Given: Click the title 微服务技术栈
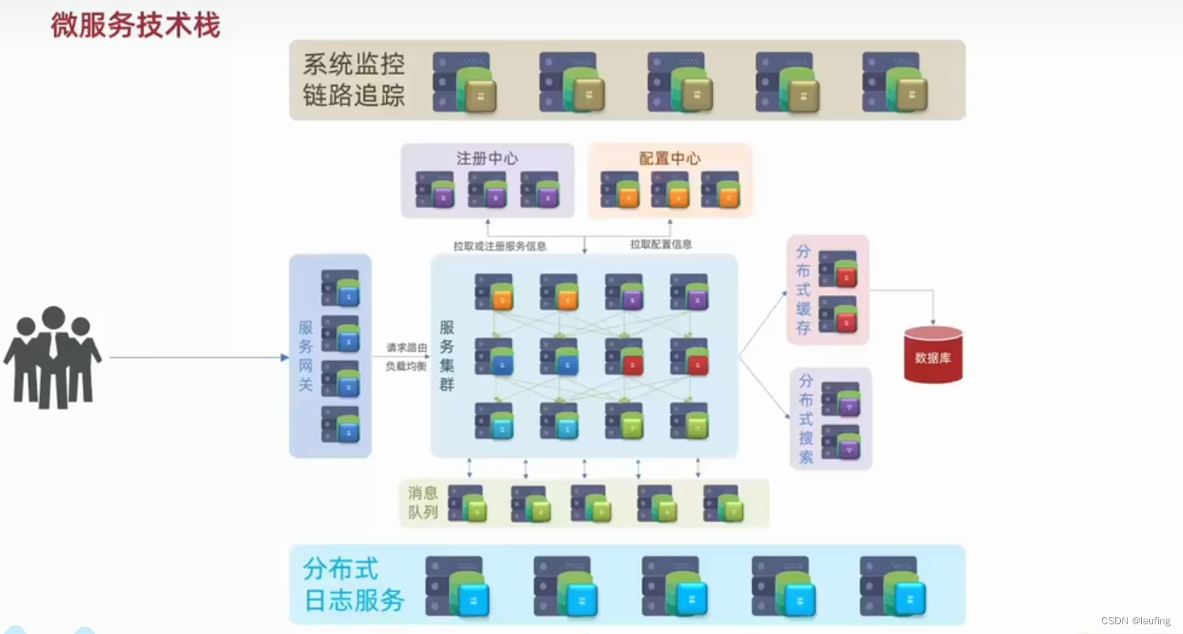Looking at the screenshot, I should pos(135,26).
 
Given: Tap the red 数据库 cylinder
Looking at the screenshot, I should pos(933,355).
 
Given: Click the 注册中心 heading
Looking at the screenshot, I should pos(487,158).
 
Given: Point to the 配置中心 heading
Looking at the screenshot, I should pos(669,158).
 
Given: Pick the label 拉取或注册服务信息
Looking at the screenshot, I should pos(499,245).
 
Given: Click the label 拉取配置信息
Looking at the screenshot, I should pos(661,244).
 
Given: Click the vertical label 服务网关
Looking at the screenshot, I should pos(305,355).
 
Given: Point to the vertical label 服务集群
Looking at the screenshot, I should pos(447,355).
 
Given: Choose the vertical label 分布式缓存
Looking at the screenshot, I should pos(803,289).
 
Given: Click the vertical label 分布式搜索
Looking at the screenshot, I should pos(806,418).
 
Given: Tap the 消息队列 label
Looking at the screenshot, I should pos(423,502).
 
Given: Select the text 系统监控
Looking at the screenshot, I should pos(353,64).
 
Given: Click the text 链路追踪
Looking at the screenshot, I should pos(353,95).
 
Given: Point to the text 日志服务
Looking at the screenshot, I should pos(354,600).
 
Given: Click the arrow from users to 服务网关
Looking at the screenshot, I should pos(198,357).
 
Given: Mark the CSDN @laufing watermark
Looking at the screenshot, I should pos(1135,620).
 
